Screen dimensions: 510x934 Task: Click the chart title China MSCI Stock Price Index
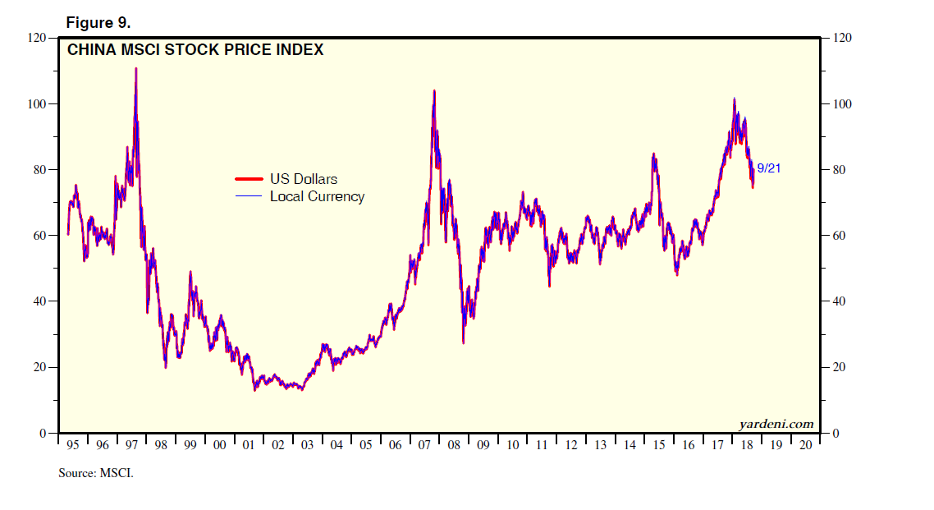(x=195, y=50)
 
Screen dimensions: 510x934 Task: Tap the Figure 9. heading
(x=98, y=22)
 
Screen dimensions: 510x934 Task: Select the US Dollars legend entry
(x=303, y=179)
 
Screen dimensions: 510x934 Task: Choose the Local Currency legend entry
(x=317, y=196)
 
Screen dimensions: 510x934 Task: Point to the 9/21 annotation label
(x=769, y=168)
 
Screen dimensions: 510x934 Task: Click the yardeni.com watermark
(x=776, y=424)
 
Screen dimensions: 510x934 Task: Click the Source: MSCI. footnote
(x=95, y=473)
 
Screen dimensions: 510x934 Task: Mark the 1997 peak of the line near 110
(x=135, y=69)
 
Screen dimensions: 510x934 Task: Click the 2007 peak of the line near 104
(x=433, y=91)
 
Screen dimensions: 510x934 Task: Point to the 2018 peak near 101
(x=734, y=100)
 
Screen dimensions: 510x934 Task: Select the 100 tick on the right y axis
(x=843, y=104)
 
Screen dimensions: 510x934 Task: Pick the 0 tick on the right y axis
(x=837, y=433)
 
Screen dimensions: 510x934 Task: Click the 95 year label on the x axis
(x=72, y=445)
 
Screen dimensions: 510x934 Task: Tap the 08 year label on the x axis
(x=453, y=445)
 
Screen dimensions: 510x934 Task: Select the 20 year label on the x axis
(x=804, y=445)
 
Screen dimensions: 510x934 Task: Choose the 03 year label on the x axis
(x=307, y=445)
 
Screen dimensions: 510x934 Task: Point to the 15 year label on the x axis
(x=658, y=445)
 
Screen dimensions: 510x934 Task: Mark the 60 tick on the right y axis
(x=840, y=236)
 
